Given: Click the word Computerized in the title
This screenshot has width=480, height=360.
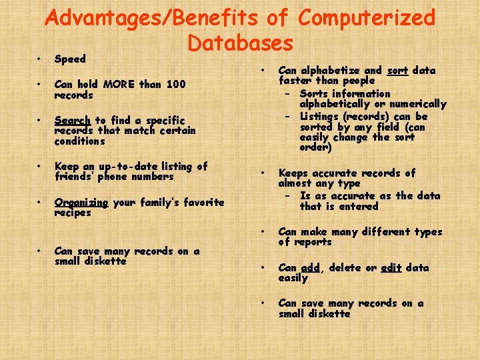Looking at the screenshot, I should coord(367,18).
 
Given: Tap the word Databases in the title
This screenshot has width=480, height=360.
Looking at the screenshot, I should coord(240,43).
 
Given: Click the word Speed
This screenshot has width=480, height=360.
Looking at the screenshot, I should coord(70,59).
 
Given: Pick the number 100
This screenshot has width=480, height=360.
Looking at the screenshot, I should coord(176,85).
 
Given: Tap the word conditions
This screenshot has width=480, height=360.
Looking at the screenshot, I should coord(79,141).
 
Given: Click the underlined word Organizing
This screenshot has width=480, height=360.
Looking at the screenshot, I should coord(81,203).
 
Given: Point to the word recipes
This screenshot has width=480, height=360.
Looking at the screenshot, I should coord(73,213).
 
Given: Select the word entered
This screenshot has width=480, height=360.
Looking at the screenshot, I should coord(360,207).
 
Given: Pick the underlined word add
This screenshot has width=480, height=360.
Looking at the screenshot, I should coord(310,268).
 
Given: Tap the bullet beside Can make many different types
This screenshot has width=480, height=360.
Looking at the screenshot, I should coord(265,232).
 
